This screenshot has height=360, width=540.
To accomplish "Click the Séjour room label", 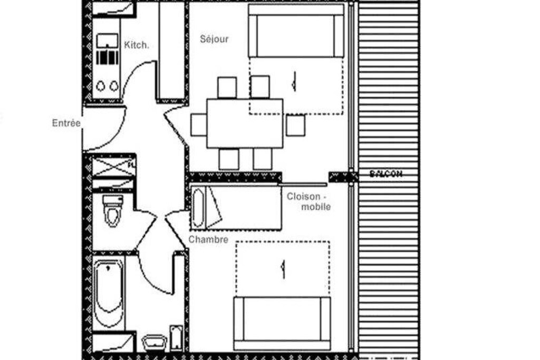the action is pyautogui.click(x=214, y=39).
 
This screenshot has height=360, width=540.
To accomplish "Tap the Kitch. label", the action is pyautogui.click(x=137, y=45).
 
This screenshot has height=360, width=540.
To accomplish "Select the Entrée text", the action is pyautogui.click(x=66, y=123).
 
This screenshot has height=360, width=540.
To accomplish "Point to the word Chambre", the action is pyautogui.click(x=208, y=239).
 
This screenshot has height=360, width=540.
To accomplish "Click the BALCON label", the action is pyautogui.click(x=385, y=173).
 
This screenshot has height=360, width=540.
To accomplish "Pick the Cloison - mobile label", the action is pyautogui.click(x=308, y=201).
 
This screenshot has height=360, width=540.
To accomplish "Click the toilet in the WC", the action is pyautogui.click(x=113, y=211).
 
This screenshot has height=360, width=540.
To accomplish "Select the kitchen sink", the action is pyautogui.click(x=107, y=41).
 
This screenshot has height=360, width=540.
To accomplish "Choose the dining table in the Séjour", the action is pyautogui.click(x=245, y=123).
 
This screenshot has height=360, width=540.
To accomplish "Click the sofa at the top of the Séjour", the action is pyautogui.click(x=296, y=31).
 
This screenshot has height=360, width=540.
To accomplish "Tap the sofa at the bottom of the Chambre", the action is pyautogui.click(x=283, y=324).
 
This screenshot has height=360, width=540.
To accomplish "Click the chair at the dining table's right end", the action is pyautogui.click(x=295, y=125).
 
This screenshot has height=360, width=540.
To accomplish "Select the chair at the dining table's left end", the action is pyautogui.click(x=199, y=125).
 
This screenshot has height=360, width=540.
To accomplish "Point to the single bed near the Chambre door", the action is pyautogui.click(x=236, y=208).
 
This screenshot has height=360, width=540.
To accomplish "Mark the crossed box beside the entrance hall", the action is pyautogui.click(x=113, y=167).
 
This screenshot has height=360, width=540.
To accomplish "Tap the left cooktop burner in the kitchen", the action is pyautogui.click(x=101, y=86).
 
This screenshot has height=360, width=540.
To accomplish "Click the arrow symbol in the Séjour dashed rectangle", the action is pyautogui.click(x=294, y=82).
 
